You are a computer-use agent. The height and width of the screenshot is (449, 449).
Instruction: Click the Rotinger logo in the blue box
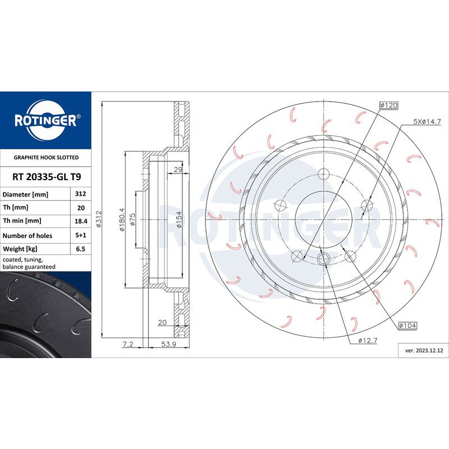[45, 119]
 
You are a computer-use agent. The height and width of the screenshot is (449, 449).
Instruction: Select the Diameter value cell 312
[79, 194]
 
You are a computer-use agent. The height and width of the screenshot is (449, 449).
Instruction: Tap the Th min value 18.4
[79, 221]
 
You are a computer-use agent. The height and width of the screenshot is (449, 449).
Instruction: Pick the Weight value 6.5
[79, 249]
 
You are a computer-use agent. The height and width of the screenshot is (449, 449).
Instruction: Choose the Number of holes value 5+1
[79, 235]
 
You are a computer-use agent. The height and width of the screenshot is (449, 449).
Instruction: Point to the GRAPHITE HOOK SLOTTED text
[45, 158]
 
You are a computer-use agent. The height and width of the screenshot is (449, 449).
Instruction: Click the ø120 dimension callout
[388, 105]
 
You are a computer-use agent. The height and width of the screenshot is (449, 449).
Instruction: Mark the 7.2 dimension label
[127, 344]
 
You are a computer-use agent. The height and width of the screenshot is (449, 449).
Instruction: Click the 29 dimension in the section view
[178, 169]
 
